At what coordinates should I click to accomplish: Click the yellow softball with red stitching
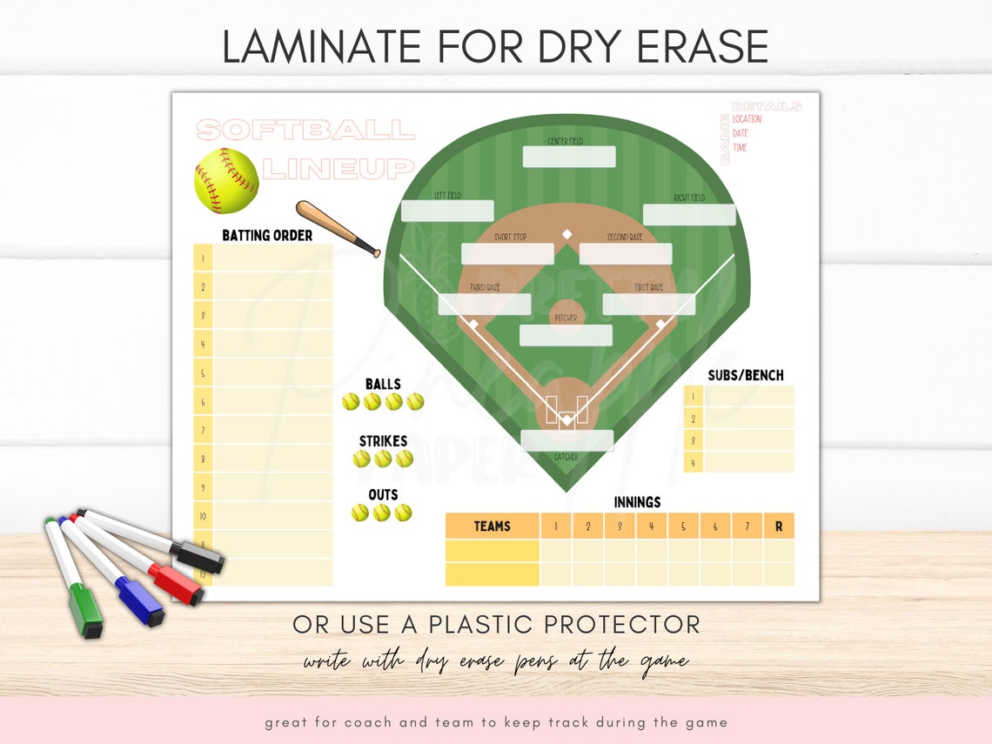[x=226, y=180]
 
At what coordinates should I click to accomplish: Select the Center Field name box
[x=568, y=157]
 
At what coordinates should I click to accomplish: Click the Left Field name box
[x=447, y=211]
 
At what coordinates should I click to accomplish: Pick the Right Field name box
[x=689, y=215]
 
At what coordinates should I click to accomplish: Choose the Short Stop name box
[x=507, y=254]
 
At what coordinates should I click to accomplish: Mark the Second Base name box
[x=625, y=254]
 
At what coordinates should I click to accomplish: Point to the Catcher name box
[x=567, y=440]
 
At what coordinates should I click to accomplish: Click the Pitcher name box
[x=566, y=335]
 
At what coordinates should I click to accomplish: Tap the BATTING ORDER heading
[x=267, y=235]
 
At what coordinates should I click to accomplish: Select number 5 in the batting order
[x=203, y=373]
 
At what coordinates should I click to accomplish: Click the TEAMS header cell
[x=493, y=526]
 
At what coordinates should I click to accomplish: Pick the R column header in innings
[x=779, y=526]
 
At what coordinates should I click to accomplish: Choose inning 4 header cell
[x=651, y=526]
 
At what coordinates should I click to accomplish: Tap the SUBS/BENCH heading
[x=746, y=375]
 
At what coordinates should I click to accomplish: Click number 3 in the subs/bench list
[x=694, y=440]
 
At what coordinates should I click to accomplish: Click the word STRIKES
[x=384, y=441]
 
